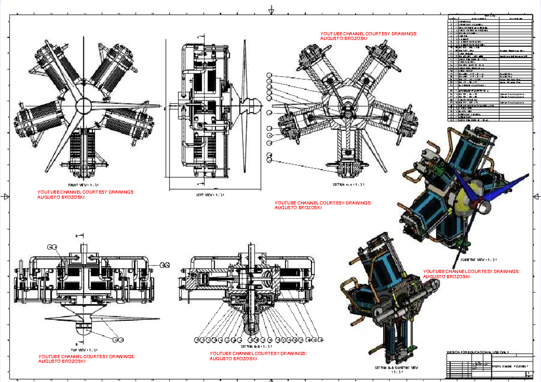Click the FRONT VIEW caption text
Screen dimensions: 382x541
pos(84,185)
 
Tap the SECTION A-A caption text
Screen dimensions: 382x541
pos(348,185)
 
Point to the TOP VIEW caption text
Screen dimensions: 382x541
pos(84,350)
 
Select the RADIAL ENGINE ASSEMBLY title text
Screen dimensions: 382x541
pos(508,366)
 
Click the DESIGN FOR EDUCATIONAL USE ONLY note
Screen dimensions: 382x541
pos(477,352)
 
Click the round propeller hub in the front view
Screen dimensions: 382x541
pos(84,106)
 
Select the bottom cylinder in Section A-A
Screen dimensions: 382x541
pos(348,149)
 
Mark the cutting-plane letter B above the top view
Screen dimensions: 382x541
pos(77,236)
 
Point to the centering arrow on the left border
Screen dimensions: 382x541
pos(6,196)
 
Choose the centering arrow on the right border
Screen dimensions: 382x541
pos(535,196)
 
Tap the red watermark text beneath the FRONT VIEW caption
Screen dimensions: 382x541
pos(86,195)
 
